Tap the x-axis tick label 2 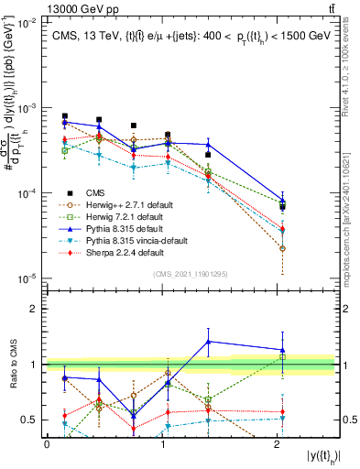(x=278, y=443)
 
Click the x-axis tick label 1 (x=162, y=443)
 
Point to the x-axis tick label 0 (x=47, y=443)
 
